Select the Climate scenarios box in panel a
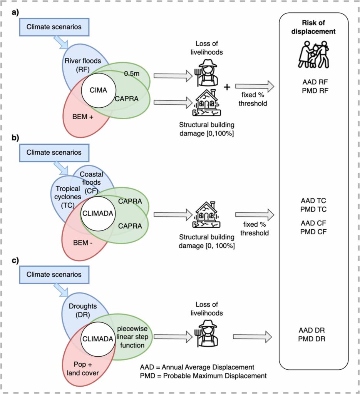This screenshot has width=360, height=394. click(54, 27)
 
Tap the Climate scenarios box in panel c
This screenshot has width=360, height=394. click(54, 274)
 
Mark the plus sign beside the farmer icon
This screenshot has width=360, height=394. click(227, 86)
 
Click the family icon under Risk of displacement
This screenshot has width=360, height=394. click(313, 54)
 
